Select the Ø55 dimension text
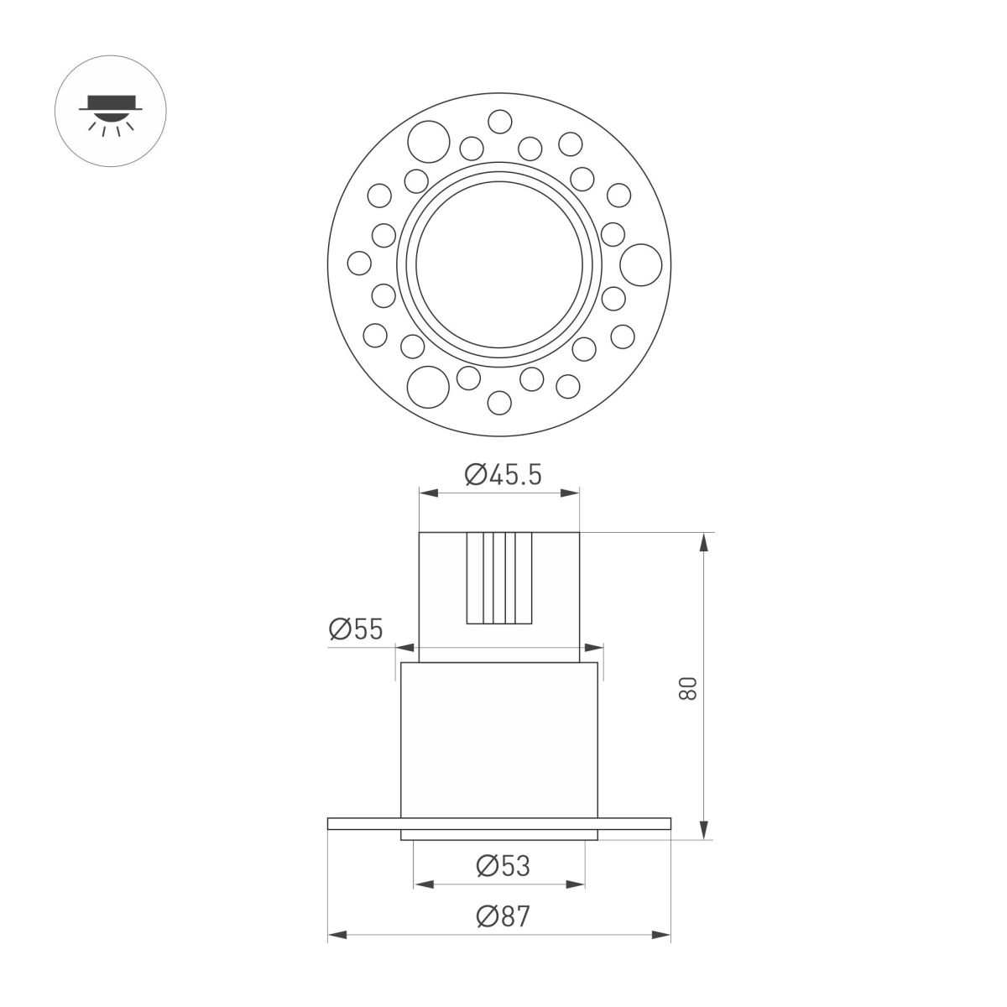click(x=356, y=629)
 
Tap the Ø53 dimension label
click(x=503, y=865)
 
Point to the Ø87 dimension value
click(x=503, y=917)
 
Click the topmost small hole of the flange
click(x=501, y=123)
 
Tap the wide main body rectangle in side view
click(x=500, y=738)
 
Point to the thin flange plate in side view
click(x=369, y=823)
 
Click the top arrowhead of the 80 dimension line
click(x=704, y=541)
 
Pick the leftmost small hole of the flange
click(x=359, y=263)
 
